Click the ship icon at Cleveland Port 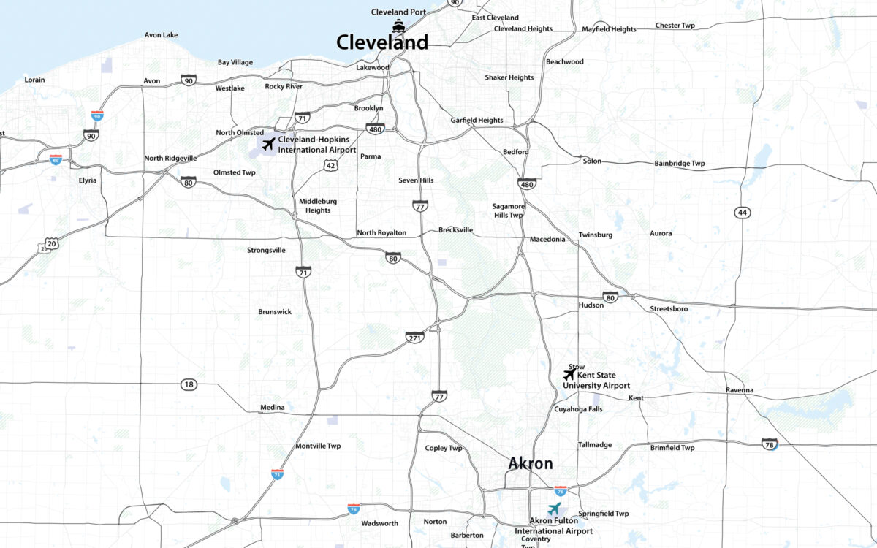pos(398,26)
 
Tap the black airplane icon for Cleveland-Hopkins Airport pos(268,144)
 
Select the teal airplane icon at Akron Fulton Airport pos(555,509)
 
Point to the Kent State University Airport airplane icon pos(569,375)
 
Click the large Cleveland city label pos(382,43)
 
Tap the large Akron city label pos(531,464)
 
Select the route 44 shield pos(743,212)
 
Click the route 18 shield pos(189,384)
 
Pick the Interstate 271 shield pos(414,338)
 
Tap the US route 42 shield pos(331,167)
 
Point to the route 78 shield pos(768,444)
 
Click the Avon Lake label pos(161,34)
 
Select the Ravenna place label pos(739,390)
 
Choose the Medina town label pos(272,408)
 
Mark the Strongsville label pos(266,250)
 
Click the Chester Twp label pos(675,25)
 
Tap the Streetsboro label pos(669,309)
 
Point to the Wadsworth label pos(379,523)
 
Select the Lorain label pos(34,80)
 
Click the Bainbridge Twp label pos(679,164)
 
